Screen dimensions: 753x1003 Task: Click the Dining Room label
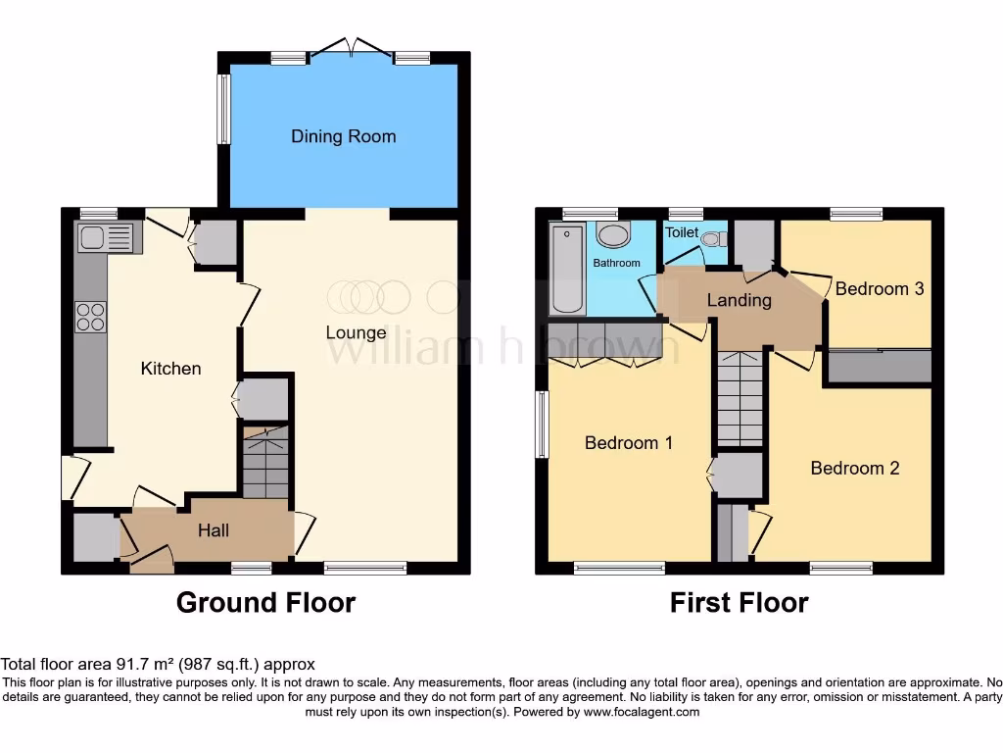tap(343, 136)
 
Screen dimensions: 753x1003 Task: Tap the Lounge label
tap(356, 332)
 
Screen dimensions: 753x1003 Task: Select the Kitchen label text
tap(171, 369)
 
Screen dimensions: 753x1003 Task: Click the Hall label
tap(214, 530)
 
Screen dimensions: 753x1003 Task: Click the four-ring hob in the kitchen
tap(91, 317)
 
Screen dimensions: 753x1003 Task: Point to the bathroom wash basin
tap(614, 236)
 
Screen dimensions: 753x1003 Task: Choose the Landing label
tap(739, 300)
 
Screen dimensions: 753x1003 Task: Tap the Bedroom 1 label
tap(628, 443)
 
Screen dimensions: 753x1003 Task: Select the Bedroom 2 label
tap(854, 468)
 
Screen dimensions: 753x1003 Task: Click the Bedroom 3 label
tap(879, 288)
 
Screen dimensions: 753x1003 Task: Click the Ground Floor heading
tap(265, 602)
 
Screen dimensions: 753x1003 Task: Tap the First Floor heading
tap(739, 602)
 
